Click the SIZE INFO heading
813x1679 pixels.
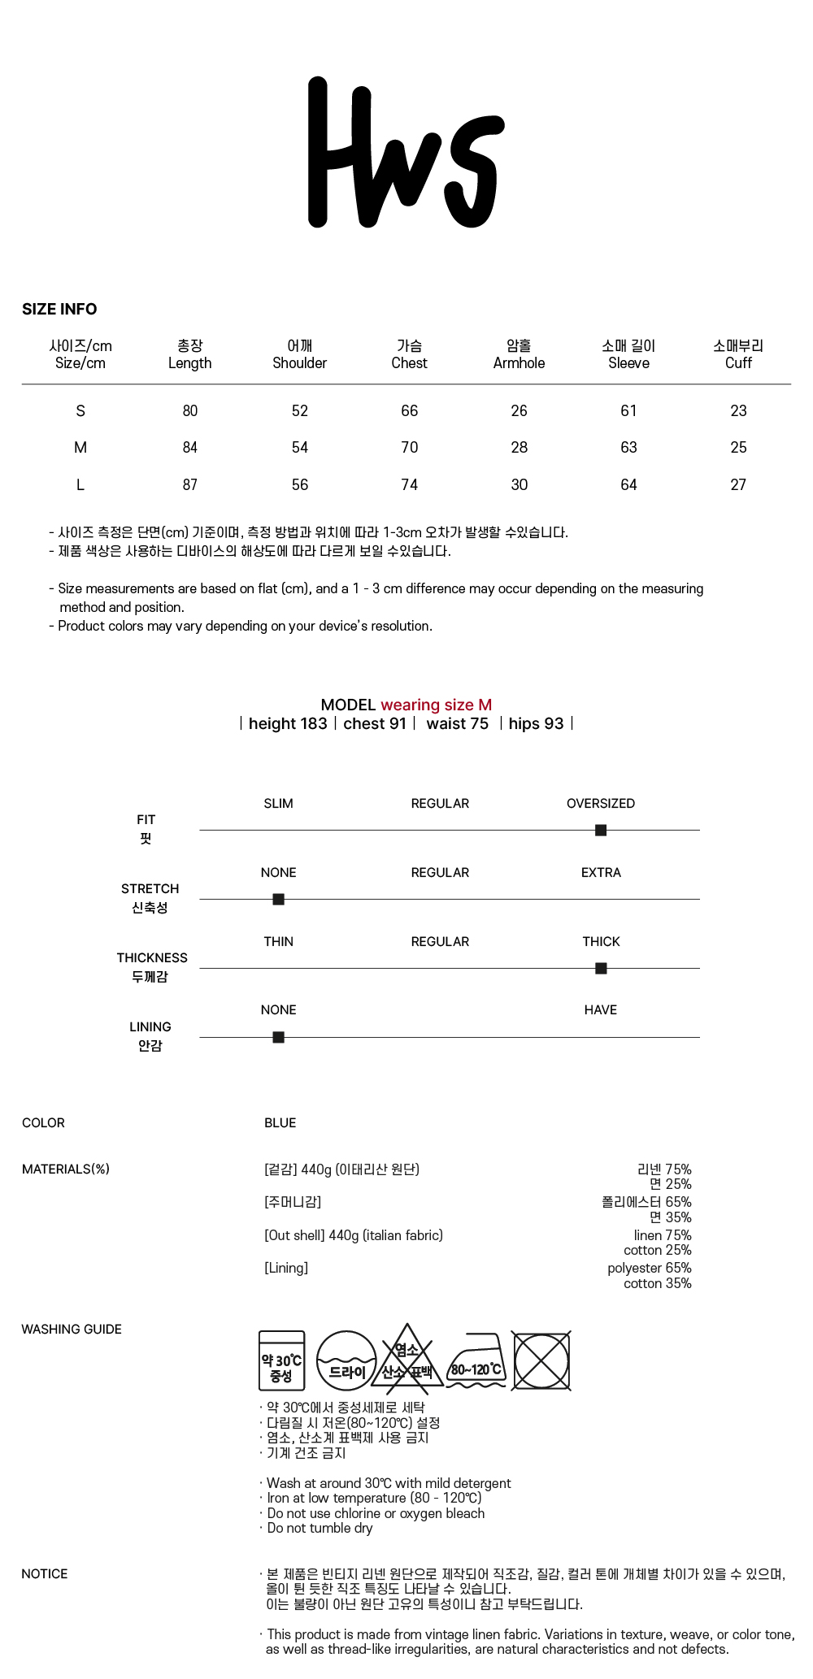point(59,309)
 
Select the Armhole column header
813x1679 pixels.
point(519,354)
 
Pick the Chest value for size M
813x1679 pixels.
point(409,447)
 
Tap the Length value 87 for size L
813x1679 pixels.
point(189,484)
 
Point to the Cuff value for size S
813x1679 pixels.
point(737,410)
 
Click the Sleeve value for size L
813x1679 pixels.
point(628,484)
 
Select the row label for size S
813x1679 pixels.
point(80,410)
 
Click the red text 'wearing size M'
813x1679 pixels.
point(436,705)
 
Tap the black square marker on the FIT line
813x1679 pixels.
point(601,830)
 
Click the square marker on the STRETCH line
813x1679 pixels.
point(278,899)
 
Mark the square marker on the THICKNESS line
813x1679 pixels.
point(601,968)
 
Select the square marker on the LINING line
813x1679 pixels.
point(278,1037)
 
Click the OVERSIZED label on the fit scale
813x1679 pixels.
point(600,803)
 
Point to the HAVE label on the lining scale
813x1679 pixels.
point(600,1009)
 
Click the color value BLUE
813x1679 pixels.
point(280,1122)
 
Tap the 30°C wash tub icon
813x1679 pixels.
point(281,1360)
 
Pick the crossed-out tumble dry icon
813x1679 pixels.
point(541,1360)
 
